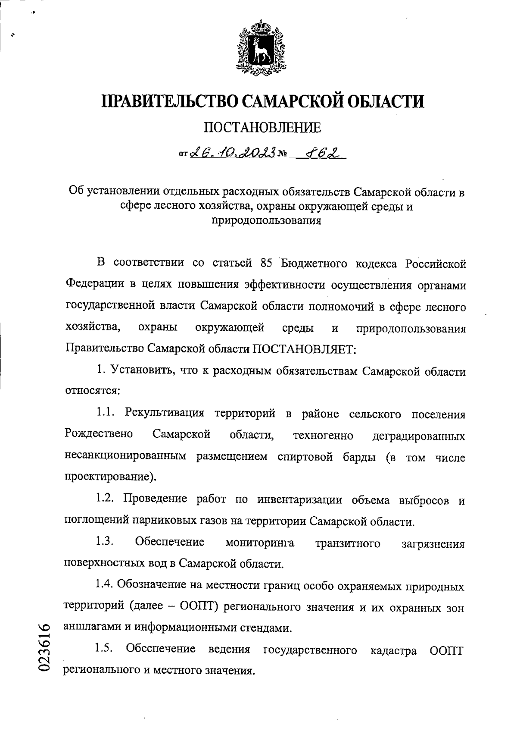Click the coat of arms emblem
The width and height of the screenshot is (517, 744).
(x=259, y=47)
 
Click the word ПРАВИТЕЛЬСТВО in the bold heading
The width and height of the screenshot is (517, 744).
(x=170, y=101)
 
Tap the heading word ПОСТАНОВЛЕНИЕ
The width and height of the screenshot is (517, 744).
(x=262, y=127)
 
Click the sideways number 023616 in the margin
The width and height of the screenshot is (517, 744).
(x=45, y=647)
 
